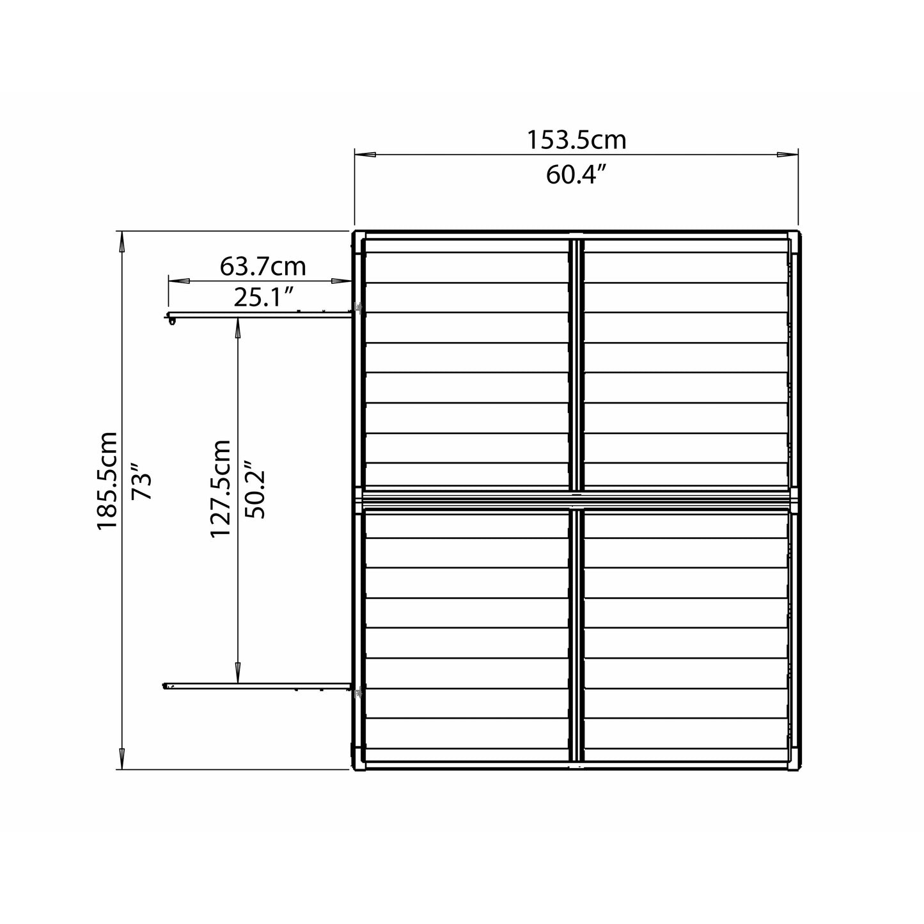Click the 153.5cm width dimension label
[576, 141]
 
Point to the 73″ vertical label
[142, 482]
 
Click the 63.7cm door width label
[263, 267]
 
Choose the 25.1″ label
[263, 298]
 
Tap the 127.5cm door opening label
[221, 489]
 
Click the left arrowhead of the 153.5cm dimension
[365, 155]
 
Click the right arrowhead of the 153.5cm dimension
[787, 155]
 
